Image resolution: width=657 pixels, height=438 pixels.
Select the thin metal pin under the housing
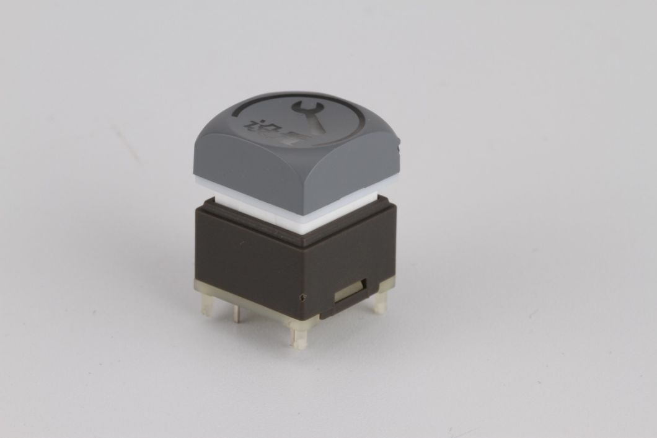236,315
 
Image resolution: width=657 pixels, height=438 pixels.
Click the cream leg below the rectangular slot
379,302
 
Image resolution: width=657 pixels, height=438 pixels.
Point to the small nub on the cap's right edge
399,149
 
